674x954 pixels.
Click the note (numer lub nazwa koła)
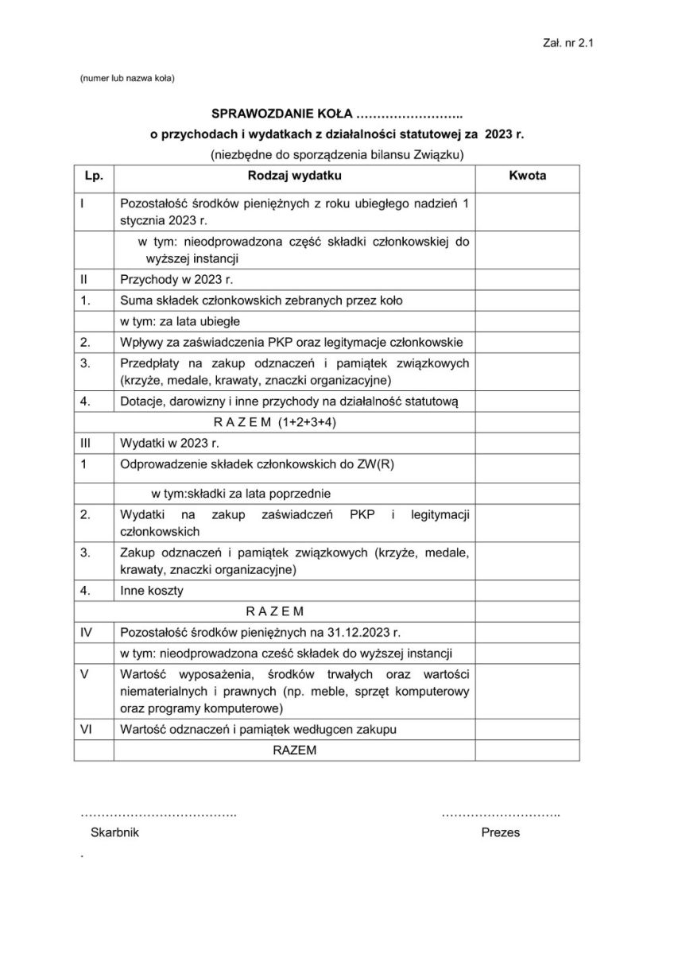pyautogui.click(x=126, y=78)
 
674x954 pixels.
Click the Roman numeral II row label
pyautogui.click(x=84, y=279)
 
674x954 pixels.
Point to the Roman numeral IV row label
pyautogui.click(x=87, y=633)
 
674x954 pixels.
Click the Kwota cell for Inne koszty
pyautogui.click(x=527, y=591)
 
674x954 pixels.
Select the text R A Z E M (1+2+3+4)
pyautogui.click(x=275, y=422)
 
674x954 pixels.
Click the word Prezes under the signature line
pyautogui.click(x=501, y=832)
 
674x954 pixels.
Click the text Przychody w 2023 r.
pyautogui.click(x=176, y=279)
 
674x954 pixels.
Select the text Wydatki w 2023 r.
pyautogui.click(x=169, y=442)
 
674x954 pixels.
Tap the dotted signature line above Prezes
pyautogui.click(x=501, y=816)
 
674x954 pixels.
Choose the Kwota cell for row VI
pyautogui.click(x=527, y=728)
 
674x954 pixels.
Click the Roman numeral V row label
pyautogui.click(x=84, y=673)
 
